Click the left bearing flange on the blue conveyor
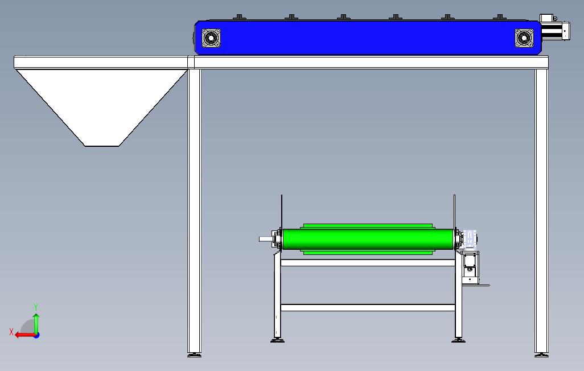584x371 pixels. tap(211, 38)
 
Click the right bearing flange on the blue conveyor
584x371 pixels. tap(524, 38)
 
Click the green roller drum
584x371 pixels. tap(367, 238)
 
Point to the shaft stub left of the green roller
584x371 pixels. tap(266, 239)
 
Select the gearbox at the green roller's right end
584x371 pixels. tap(470, 239)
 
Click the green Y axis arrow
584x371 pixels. tap(36, 323)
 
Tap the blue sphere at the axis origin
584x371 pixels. tap(36, 335)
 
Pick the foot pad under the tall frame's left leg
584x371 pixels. tap(194, 355)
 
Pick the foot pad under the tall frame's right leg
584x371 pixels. tap(541, 355)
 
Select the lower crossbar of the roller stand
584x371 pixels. tap(367, 308)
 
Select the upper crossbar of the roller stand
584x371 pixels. tap(367, 262)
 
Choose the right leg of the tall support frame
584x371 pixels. tap(541, 211)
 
